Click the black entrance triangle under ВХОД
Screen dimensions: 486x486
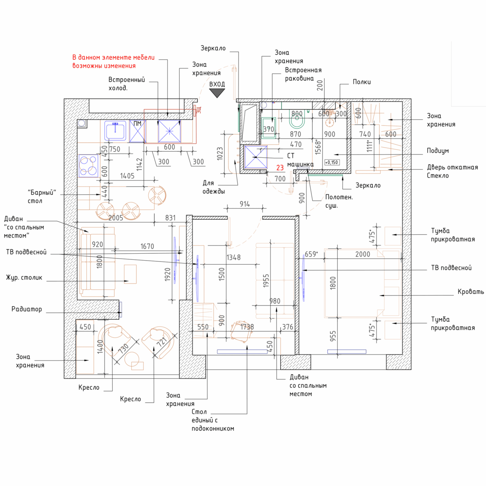217,93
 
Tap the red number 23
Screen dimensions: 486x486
280,168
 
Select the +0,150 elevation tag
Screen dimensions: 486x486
332,162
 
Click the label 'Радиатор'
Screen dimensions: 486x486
27,309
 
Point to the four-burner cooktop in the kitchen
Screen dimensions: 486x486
88,166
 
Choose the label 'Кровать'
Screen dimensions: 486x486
471,291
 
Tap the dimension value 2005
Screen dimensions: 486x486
116,218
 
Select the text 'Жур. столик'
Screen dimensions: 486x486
24,278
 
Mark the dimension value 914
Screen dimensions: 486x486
245,204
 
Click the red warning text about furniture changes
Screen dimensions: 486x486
113,62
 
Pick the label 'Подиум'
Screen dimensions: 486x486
438,151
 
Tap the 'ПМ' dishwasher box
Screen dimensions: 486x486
137,131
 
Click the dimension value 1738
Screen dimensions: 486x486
247,327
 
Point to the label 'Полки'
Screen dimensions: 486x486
362,82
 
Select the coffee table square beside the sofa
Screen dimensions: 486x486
130,274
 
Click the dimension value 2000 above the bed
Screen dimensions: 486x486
362,254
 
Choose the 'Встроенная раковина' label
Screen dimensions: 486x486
303,74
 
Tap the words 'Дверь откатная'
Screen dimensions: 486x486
452,167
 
